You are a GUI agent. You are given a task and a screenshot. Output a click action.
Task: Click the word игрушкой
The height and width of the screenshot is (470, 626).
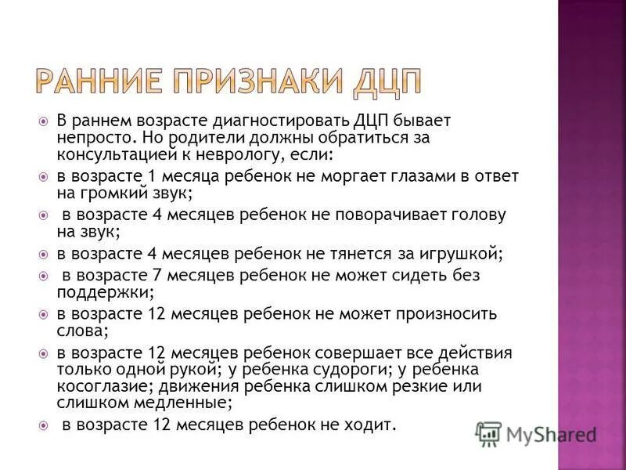(459, 253)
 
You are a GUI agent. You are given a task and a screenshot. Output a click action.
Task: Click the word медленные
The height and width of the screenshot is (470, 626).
(178, 402)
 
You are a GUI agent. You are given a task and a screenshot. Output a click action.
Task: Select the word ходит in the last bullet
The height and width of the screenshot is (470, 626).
(371, 425)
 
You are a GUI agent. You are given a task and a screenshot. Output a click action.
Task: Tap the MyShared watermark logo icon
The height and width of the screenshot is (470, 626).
(488, 433)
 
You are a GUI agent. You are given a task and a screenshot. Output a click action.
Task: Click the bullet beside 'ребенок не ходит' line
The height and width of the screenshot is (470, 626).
(44, 425)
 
